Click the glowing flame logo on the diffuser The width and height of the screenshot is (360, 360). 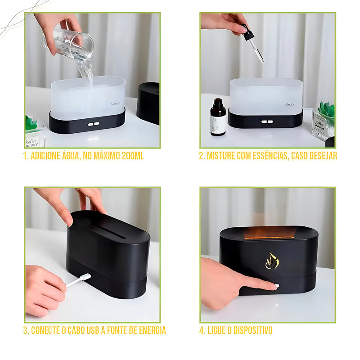point(272,261)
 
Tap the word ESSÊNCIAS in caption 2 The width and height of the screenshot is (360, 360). point(264,156)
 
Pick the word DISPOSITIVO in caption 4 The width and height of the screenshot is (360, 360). point(252,331)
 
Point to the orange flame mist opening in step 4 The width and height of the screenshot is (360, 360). point(269,233)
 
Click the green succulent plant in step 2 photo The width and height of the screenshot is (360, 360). point(326,109)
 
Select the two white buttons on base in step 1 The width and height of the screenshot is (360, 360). point(93,124)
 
